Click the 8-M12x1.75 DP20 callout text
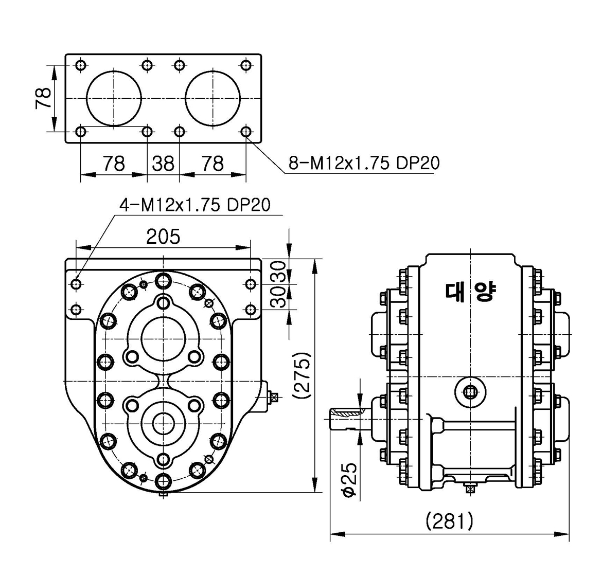tap(364, 164)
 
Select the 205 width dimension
tap(163, 237)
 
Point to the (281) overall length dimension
tap(449, 521)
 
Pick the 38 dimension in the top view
tap(163, 164)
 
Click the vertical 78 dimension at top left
tap(43, 98)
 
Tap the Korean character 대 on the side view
tap(455, 291)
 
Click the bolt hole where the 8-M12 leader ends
tap(246, 132)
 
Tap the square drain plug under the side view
tap(469, 489)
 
